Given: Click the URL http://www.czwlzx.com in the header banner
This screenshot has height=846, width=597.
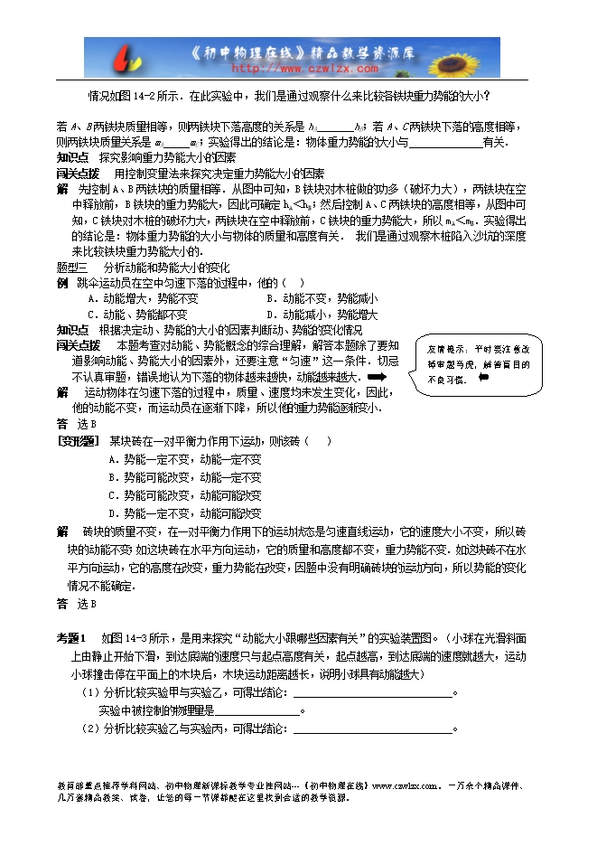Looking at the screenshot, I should [305, 68].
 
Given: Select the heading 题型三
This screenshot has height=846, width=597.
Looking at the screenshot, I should [71, 268].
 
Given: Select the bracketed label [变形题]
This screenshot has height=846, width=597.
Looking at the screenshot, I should [78, 441].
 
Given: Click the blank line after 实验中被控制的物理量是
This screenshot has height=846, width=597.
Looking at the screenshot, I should [258, 711].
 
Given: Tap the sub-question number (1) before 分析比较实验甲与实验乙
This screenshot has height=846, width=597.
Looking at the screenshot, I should [89, 693].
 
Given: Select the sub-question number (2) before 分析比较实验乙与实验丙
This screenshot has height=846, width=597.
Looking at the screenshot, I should [89, 728].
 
